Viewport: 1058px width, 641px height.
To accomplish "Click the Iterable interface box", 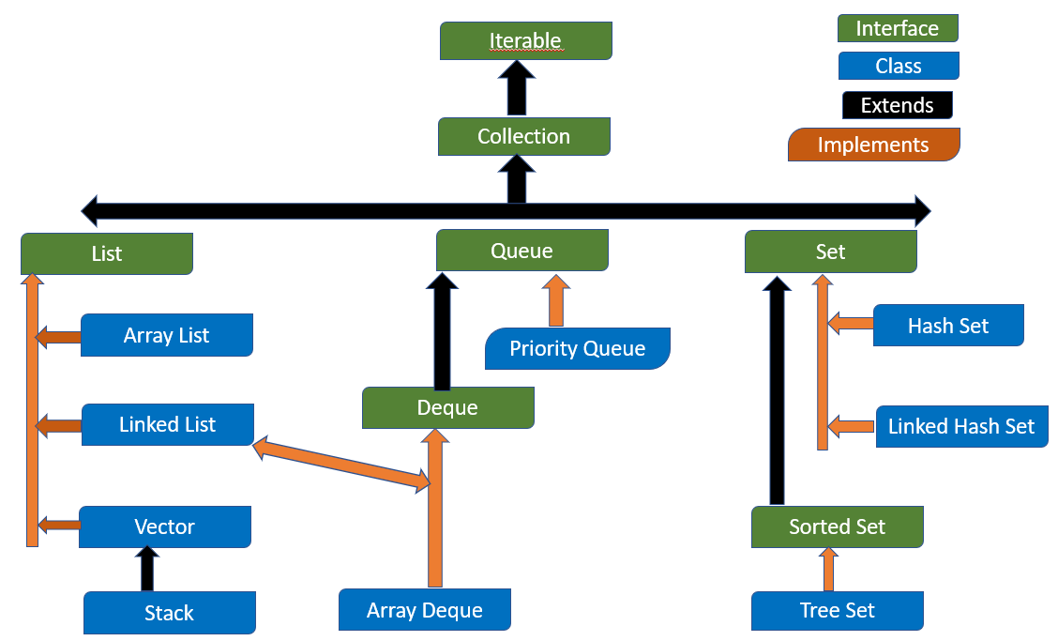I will pyautogui.click(x=525, y=41).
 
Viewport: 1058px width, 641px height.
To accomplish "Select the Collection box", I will pyautogui.click(x=523, y=137).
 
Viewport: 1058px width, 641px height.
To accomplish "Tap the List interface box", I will pyautogui.click(x=106, y=253).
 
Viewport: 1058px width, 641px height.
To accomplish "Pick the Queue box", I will pyautogui.click(x=521, y=252).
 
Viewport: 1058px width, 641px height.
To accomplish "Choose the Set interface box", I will pyautogui.click(x=830, y=252).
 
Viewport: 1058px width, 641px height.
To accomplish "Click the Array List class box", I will pyautogui.click(x=166, y=336).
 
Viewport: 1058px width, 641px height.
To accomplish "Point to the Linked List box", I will pyautogui.click(x=167, y=425).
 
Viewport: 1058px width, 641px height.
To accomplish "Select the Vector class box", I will pyautogui.click(x=164, y=527).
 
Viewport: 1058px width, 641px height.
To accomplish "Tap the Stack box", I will pyautogui.click(x=169, y=613).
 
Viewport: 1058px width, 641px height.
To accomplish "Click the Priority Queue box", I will pyautogui.click(x=577, y=349).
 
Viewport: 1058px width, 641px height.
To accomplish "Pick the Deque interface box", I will pyautogui.click(x=447, y=408).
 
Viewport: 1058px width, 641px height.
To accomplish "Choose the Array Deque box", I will pyautogui.click(x=424, y=610).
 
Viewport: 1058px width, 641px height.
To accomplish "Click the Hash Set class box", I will pyautogui.click(x=947, y=327).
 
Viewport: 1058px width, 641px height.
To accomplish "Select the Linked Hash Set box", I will pyautogui.click(x=960, y=427).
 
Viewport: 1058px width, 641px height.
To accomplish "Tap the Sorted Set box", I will pyautogui.click(x=837, y=527).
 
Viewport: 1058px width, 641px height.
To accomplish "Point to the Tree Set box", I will pyautogui.click(x=837, y=610).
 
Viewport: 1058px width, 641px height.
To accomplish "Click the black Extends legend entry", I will pyautogui.click(x=897, y=105).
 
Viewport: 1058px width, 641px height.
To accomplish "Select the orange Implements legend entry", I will pyautogui.click(x=873, y=145).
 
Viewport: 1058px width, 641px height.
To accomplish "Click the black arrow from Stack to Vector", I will pyautogui.click(x=145, y=569).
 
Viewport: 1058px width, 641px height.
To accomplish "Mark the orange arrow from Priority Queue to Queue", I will pyautogui.click(x=555, y=300).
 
